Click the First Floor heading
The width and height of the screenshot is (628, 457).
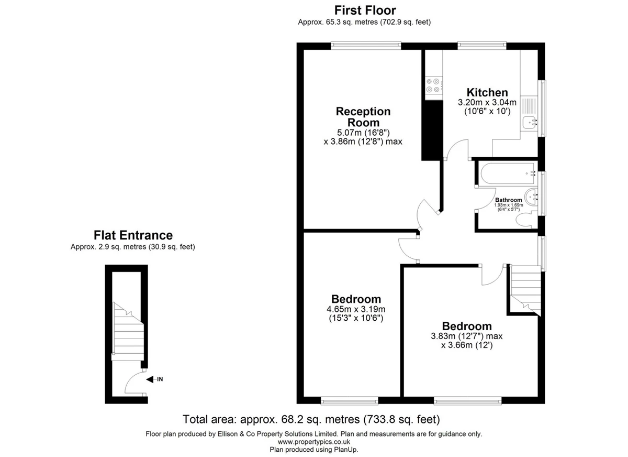pos(365,10)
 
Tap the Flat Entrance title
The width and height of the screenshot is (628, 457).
pos(133,235)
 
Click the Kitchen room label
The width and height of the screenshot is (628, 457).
pos(487,92)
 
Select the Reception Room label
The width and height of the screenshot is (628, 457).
pos(363,117)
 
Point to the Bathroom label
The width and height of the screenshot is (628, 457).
pos(509,200)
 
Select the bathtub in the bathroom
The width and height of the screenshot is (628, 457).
pos(508,173)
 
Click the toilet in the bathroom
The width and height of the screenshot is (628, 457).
pos(526,220)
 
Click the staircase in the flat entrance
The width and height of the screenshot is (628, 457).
pos(128,331)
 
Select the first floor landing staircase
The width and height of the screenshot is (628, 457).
pos(525,290)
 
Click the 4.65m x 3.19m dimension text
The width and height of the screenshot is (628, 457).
pos(356,309)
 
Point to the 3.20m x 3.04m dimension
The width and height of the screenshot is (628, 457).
pos(487,102)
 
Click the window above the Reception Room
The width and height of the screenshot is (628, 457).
pos(366,46)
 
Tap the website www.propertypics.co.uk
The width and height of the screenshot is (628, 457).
pos(314,442)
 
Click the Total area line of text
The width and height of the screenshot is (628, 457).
pos(311,419)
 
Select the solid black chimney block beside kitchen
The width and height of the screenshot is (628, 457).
pos(432,130)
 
